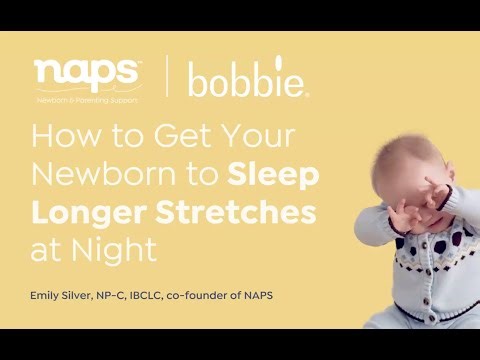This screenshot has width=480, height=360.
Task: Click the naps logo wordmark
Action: (x=88, y=73)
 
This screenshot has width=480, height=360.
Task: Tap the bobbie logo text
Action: (x=248, y=80)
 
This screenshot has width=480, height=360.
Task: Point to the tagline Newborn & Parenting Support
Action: (x=87, y=101)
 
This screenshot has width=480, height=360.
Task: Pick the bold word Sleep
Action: (x=273, y=176)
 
